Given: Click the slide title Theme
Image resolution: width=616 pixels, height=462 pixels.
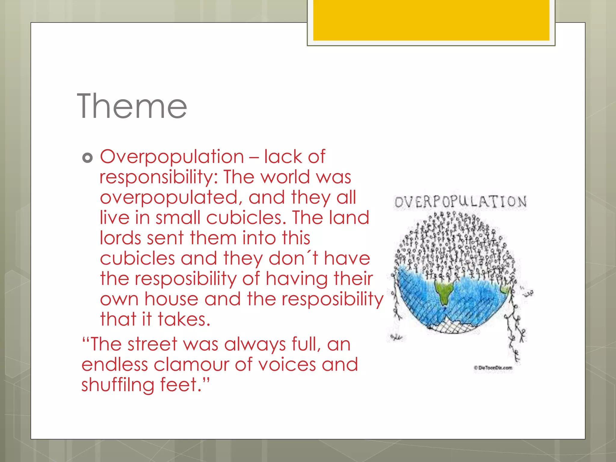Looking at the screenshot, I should pyautogui.click(x=132, y=106).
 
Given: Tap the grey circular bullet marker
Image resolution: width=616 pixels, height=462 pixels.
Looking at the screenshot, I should pyautogui.click(x=87, y=158).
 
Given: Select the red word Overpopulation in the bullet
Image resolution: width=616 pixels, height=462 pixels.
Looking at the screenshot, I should pyautogui.click(x=172, y=157).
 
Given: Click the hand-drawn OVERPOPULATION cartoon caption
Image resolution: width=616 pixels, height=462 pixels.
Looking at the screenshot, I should pyautogui.click(x=460, y=202).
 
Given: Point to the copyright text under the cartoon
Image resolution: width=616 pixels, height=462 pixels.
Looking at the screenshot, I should pyautogui.click(x=493, y=368).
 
